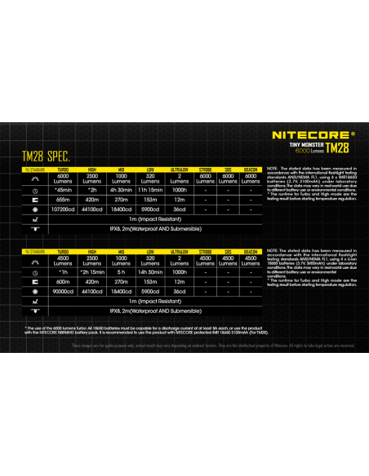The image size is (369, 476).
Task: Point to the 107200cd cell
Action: point(63,209)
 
